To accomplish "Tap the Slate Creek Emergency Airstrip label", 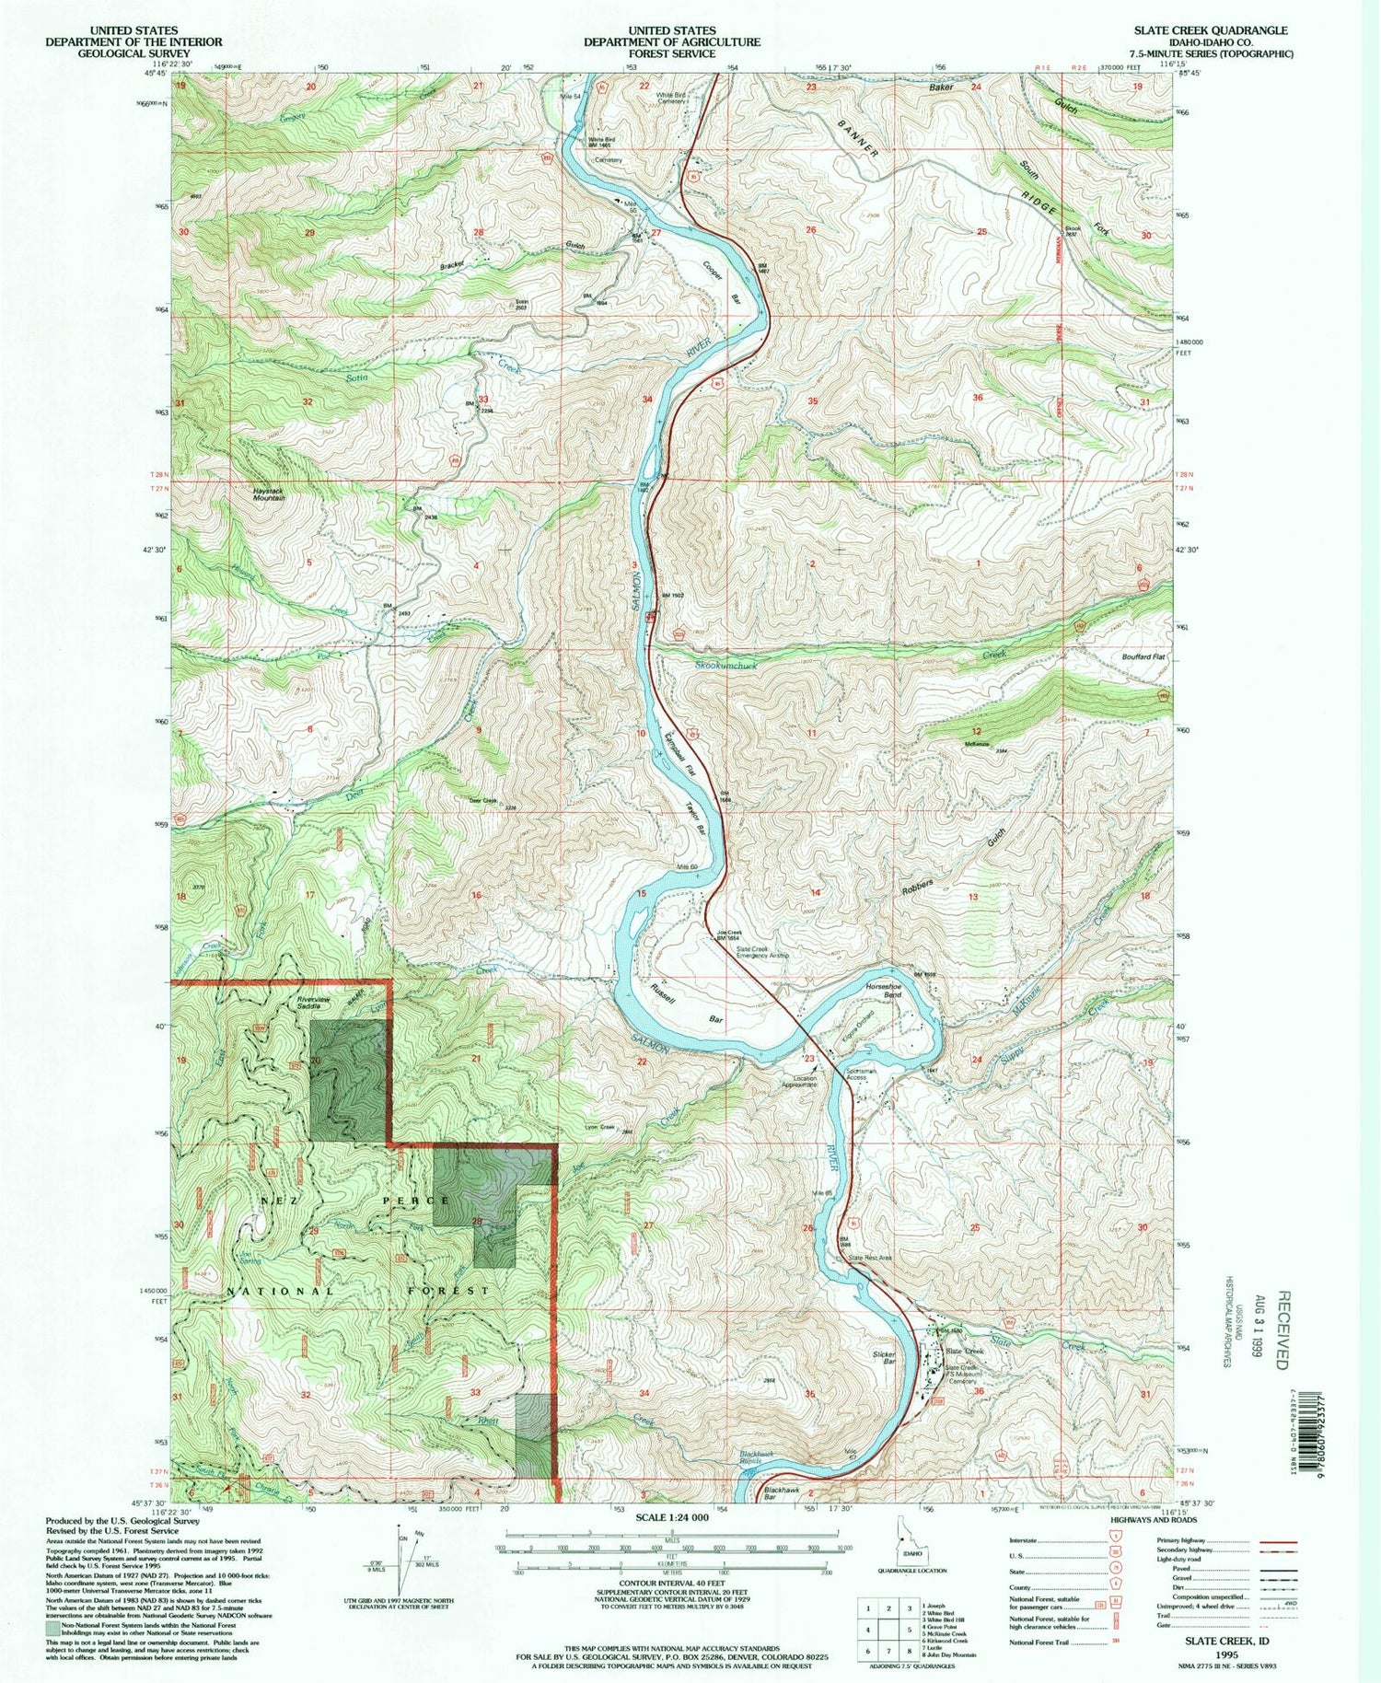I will pos(763,953).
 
